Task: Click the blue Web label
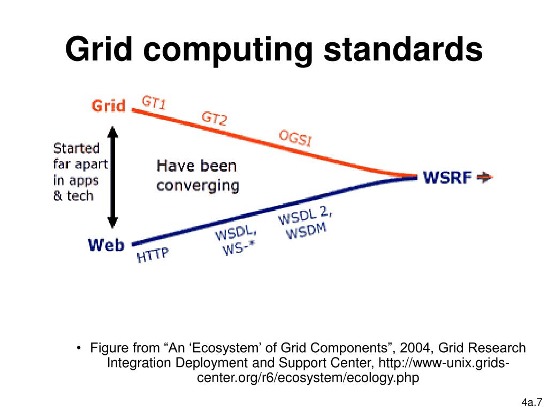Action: point(106,246)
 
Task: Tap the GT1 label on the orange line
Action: point(154,103)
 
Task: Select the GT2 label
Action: point(214,118)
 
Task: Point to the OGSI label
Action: point(295,138)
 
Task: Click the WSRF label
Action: point(447,177)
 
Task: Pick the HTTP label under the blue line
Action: point(153,255)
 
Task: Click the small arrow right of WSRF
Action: point(484,177)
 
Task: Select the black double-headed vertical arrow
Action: point(112,177)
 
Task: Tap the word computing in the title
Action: point(229,51)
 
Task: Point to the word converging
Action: point(197,186)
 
